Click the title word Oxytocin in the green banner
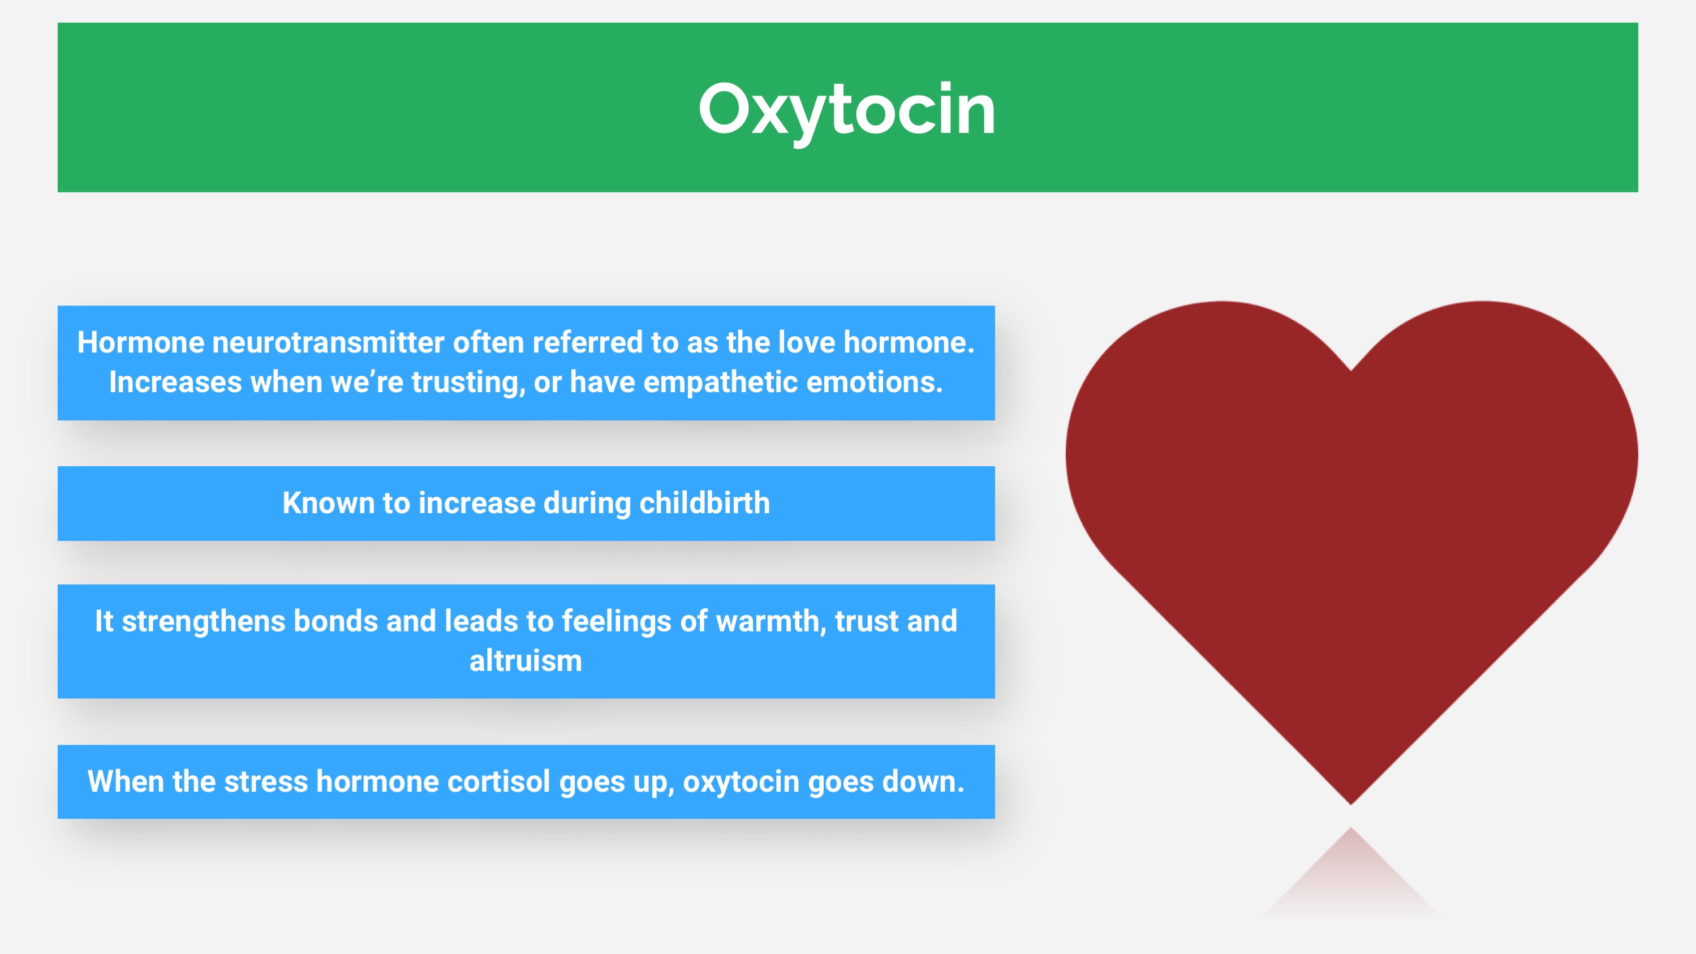click(x=847, y=110)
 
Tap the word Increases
click(x=175, y=382)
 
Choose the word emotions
click(x=875, y=382)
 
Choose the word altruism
click(x=526, y=660)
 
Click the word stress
click(x=265, y=782)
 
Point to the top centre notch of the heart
click(x=1351, y=370)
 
